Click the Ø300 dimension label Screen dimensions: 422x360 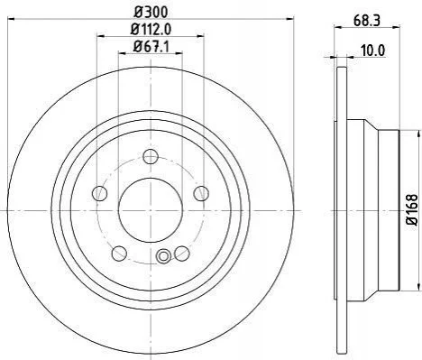(x=151, y=13)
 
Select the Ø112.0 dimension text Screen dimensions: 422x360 (x=151, y=30)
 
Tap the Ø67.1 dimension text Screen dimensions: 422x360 (x=151, y=47)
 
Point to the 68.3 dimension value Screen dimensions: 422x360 (x=367, y=21)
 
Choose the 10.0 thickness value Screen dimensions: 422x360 (x=372, y=51)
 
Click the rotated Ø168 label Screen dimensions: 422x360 (x=412, y=210)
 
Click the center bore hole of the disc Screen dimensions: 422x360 (x=151, y=210)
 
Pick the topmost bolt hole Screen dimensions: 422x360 (x=151, y=156)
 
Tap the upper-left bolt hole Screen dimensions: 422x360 (x=99, y=193)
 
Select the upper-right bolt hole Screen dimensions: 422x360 (x=201, y=193)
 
